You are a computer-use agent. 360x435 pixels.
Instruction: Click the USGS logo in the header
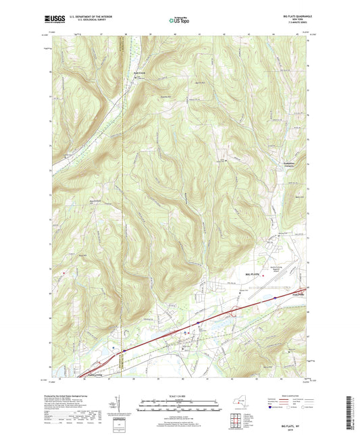point(52,22)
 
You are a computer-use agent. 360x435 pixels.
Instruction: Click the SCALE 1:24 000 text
point(180,395)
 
